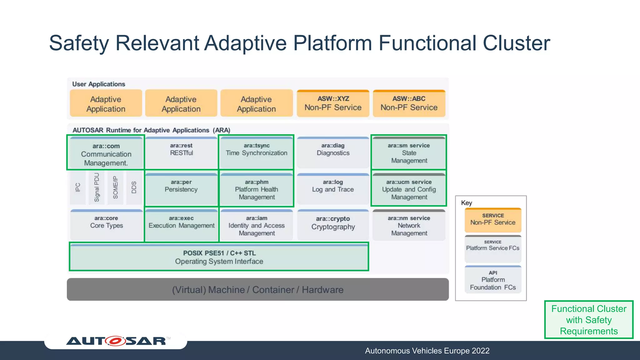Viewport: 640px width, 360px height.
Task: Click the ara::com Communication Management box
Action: pos(106,153)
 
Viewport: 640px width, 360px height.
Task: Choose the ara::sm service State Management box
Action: pos(409,153)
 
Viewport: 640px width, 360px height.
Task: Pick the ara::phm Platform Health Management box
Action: pos(256,189)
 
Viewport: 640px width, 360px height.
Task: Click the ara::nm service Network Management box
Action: pos(409,225)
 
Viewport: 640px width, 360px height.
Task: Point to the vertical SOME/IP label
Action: pos(116,187)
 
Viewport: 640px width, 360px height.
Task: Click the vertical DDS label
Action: pos(134,187)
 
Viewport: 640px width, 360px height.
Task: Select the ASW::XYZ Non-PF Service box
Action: pos(333,103)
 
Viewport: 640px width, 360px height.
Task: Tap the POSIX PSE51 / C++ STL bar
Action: pos(219,257)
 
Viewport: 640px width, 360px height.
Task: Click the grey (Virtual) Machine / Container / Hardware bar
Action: pos(257,290)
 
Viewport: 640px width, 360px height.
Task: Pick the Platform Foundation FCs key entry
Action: pos(493,280)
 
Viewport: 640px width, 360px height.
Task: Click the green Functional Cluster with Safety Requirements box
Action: pos(589,320)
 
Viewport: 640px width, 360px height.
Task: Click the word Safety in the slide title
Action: pos(79,43)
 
